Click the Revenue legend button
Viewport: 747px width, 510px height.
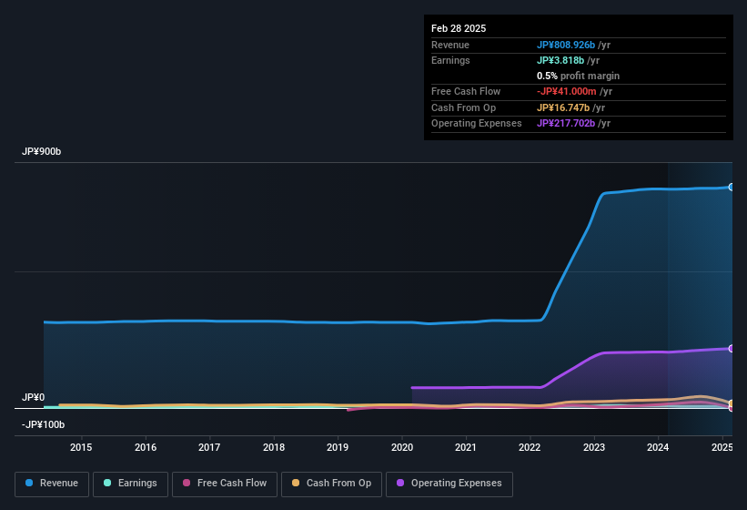tap(52, 484)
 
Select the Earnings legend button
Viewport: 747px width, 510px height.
tap(130, 484)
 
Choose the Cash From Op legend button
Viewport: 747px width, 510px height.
tap(330, 484)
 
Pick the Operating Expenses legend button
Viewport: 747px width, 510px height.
tap(449, 484)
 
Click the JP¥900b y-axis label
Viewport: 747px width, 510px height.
tap(42, 151)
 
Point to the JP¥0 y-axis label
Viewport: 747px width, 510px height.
tap(34, 398)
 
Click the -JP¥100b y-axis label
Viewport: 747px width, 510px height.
tap(43, 424)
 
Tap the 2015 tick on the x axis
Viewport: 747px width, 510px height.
tap(81, 447)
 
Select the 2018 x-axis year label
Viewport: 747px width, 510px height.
tap(274, 447)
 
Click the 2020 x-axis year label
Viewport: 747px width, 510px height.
tap(402, 447)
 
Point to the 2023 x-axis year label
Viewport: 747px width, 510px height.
tap(594, 447)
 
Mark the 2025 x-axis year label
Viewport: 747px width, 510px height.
tap(722, 447)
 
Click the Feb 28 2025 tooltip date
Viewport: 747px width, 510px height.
tap(459, 28)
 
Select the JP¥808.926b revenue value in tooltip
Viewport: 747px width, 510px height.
tap(566, 45)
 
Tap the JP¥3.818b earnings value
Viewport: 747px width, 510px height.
tap(561, 60)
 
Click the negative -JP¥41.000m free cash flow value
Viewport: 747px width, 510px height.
tap(568, 91)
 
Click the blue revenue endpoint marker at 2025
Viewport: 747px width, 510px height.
tap(731, 187)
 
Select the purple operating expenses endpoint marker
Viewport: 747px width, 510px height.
tap(731, 349)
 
